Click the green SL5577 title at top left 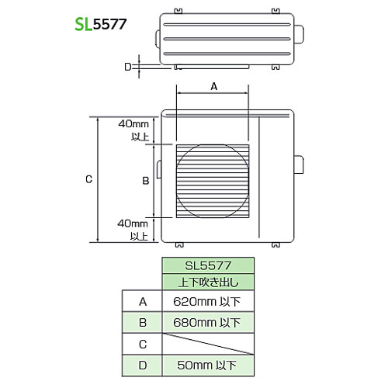point(101,25)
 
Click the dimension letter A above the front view point(214,86)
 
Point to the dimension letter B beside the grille point(146,181)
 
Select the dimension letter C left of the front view point(88,179)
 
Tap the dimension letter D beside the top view point(128,67)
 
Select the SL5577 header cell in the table point(208,265)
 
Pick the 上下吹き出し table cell point(208,282)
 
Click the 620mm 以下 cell point(208,302)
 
